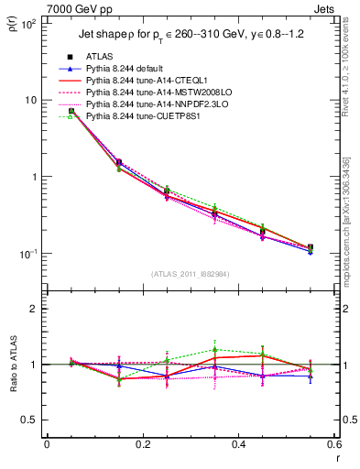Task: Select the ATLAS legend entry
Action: [100, 57]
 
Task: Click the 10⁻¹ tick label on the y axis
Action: [27, 254]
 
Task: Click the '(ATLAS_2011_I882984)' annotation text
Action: [191, 273]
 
